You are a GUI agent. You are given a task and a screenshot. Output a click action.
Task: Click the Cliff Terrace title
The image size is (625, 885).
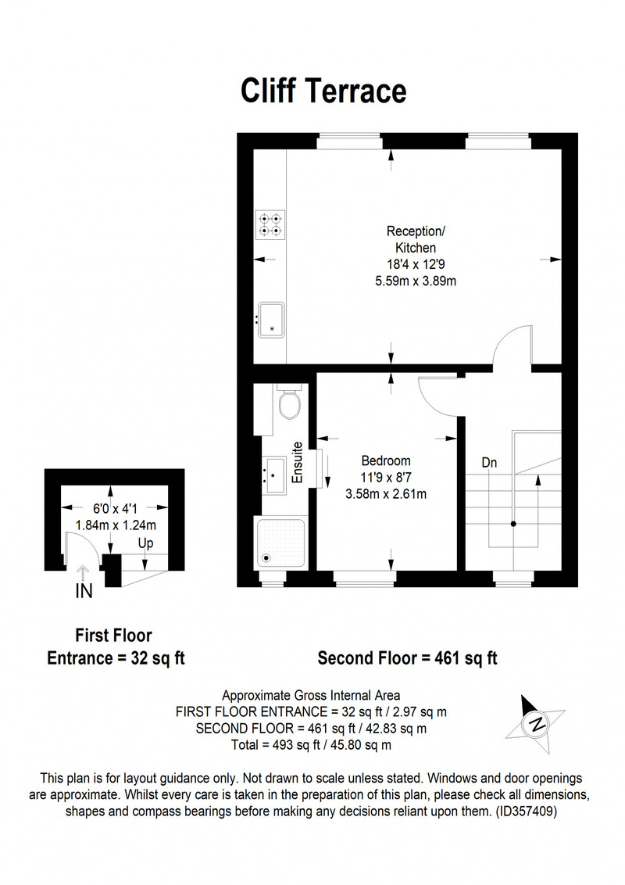[x=323, y=91]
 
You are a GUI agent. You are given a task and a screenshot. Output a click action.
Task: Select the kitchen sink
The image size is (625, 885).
[x=271, y=320]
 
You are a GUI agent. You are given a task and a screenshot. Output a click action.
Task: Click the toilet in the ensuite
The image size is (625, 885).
[x=290, y=402]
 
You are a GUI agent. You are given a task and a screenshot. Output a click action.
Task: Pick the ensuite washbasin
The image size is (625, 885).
[x=275, y=475]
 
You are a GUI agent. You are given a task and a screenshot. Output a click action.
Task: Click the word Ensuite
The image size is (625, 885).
[x=298, y=463]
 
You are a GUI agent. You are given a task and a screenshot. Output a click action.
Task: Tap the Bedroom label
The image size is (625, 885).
[x=386, y=460]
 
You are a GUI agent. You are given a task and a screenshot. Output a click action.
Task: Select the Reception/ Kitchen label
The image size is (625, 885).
[x=416, y=239]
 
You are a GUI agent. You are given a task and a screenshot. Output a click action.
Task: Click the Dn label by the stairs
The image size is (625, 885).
[x=489, y=462]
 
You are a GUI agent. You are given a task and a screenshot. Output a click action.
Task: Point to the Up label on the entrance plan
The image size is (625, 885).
[x=145, y=543]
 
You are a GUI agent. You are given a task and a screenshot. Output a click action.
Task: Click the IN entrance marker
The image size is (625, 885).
[x=84, y=591]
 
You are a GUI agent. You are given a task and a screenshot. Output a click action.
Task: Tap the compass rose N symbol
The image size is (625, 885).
[x=537, y=724]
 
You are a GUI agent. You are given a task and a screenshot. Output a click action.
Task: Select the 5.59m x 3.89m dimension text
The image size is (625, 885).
[x=416, y=281]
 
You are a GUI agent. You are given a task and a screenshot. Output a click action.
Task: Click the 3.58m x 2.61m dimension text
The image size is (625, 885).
[x=386, y=494]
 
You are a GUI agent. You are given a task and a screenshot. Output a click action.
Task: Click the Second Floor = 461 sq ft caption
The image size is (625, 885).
[x=407, y=658]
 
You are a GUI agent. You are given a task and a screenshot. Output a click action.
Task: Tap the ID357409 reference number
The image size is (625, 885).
[x=526, y=812]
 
